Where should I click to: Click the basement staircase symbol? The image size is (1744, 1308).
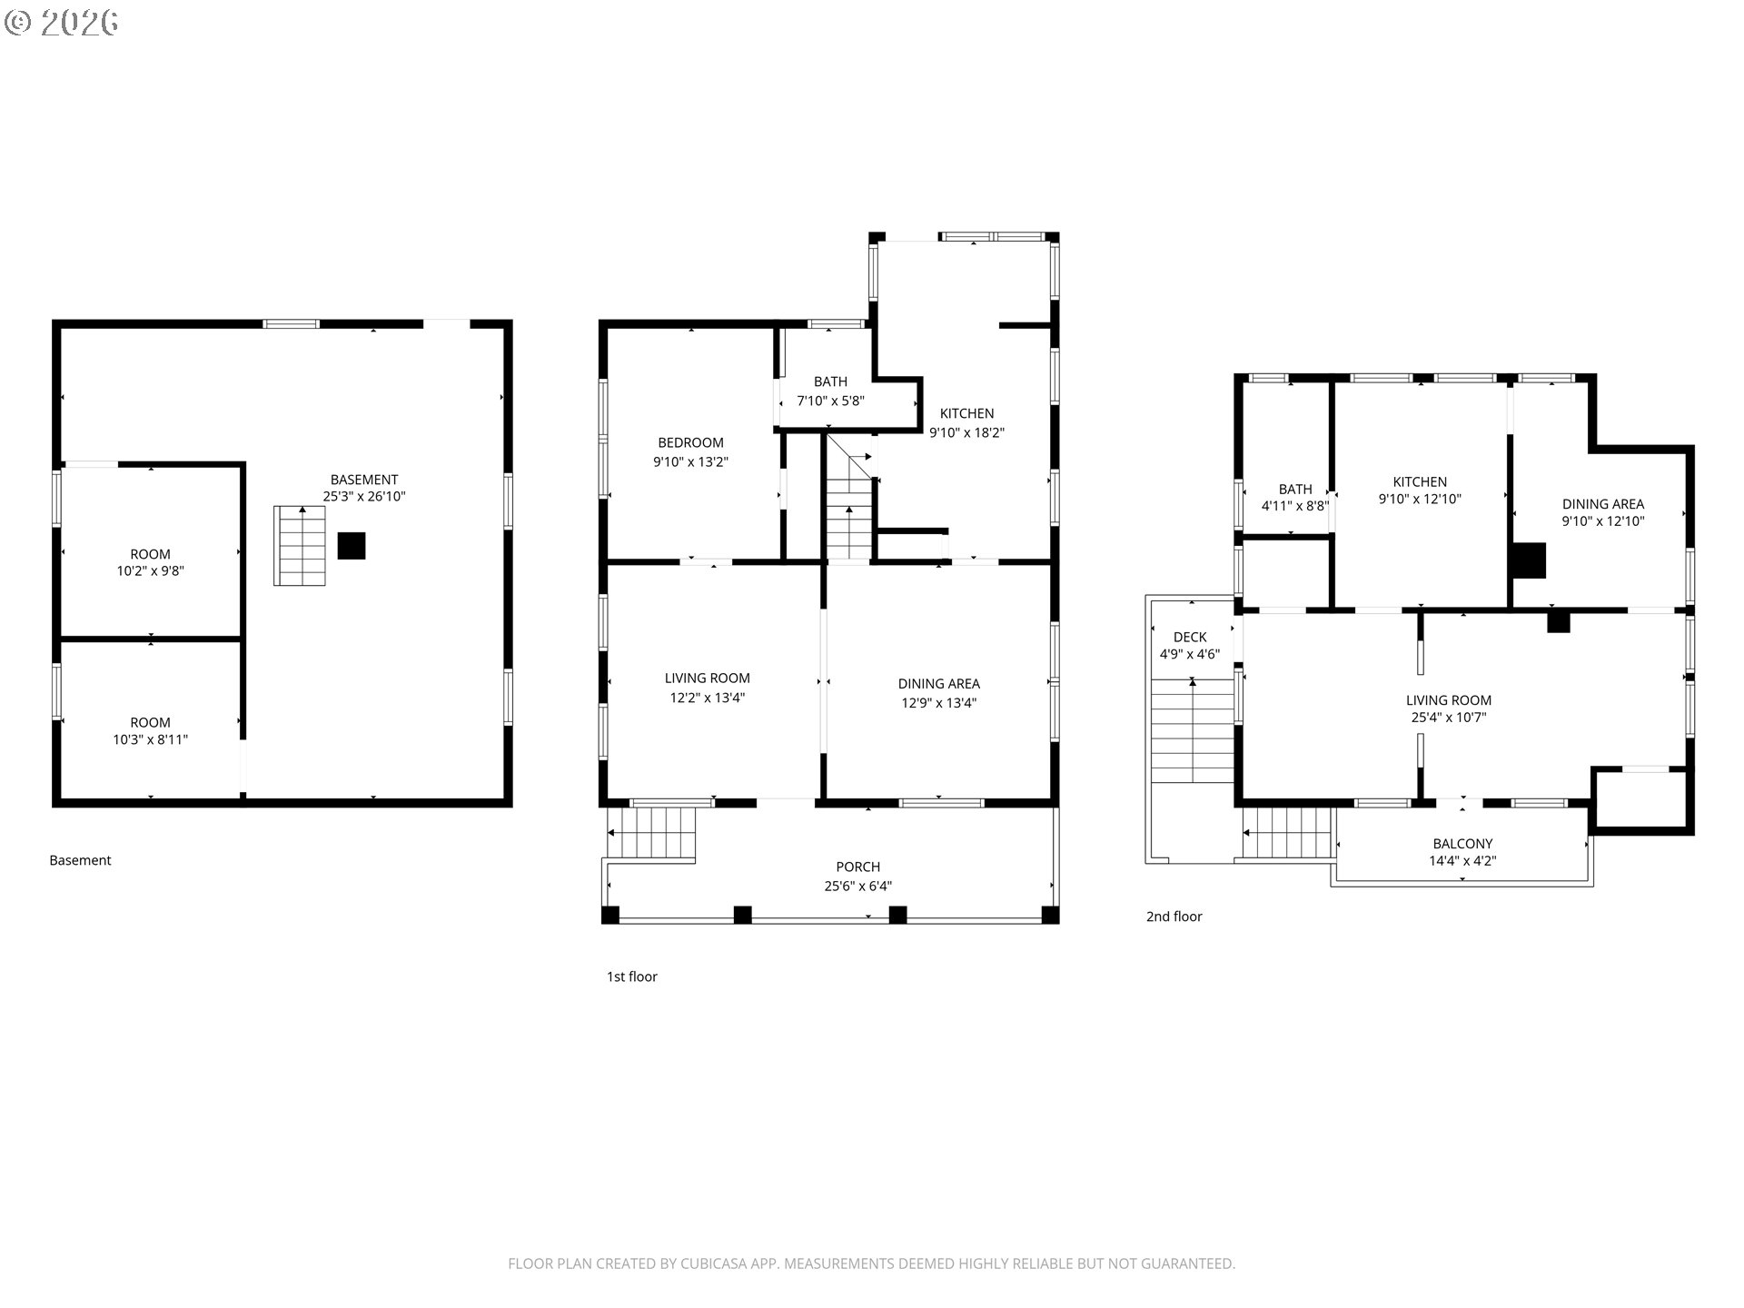pos(300,546)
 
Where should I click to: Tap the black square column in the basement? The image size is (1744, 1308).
pos(352,546)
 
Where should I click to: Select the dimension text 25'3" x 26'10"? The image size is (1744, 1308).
pos(364,497)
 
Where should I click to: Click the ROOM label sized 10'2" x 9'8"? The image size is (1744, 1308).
pos(151,554)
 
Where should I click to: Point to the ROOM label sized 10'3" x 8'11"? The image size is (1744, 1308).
pos(151,723)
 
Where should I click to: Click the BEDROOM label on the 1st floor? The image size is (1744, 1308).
pos(691,442)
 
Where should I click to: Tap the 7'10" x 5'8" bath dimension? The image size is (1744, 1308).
pos(831,401)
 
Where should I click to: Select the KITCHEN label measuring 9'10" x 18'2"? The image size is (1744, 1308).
pos(967,413)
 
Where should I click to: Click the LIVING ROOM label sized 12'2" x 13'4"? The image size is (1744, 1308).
pos(708,678)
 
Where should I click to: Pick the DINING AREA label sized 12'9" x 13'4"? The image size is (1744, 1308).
pos(939,684)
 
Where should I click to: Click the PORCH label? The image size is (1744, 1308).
pos(858,867)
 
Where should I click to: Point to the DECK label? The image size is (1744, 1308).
pos(1190,638)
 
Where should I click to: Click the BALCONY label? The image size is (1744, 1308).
pos(1462,844)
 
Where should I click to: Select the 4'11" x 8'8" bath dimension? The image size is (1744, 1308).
pos(1295,507)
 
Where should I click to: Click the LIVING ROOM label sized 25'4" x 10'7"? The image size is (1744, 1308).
pos(1449,700)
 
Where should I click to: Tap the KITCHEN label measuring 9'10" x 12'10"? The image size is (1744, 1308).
pos(1421,482)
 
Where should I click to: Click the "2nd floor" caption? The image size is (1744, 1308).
pos(1174,917)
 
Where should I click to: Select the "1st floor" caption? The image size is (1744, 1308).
pos(632,976)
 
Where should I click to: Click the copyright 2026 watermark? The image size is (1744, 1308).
pos(62,23)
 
